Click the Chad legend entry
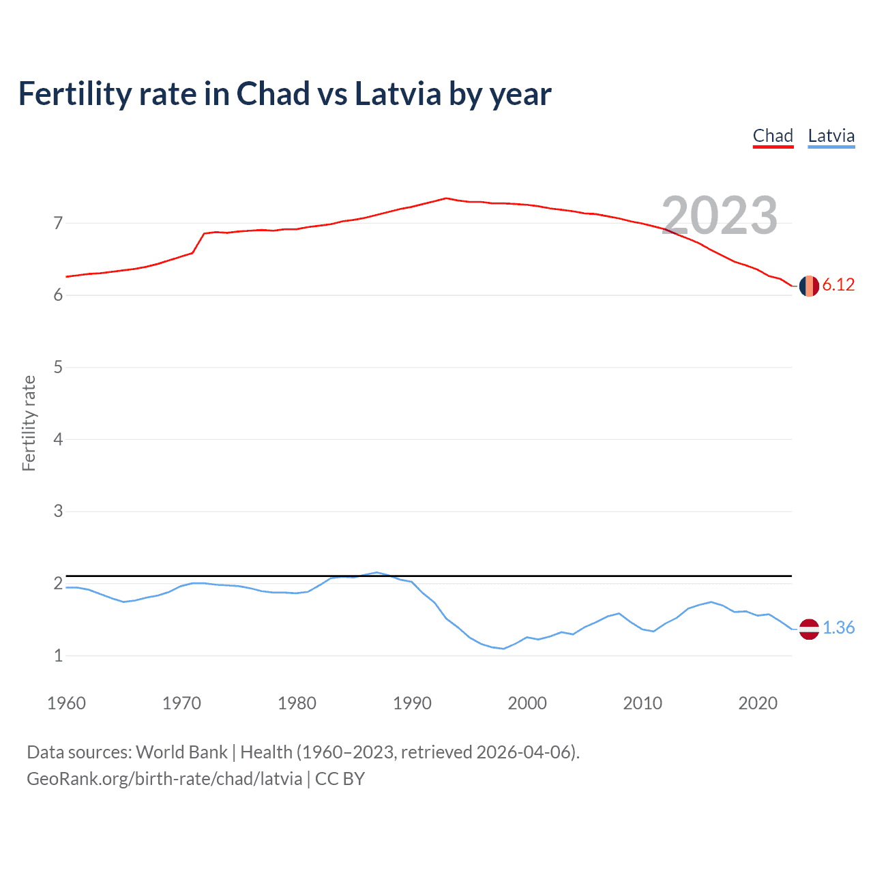773,136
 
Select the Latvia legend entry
831,136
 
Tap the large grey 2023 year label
720,216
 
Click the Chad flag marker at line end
809,286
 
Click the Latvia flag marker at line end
809,629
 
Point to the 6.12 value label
838,285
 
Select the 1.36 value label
838,628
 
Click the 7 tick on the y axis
58,223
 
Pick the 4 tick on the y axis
58,439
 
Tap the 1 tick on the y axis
58,655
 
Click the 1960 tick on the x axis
66,703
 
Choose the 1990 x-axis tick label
412,703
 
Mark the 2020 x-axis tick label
758,703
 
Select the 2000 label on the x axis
527,703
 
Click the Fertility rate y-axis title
29,423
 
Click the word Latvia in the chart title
398,94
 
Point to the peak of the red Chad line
446,198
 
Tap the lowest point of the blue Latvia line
503,649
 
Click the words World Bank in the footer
181,752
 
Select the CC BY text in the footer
340,779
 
